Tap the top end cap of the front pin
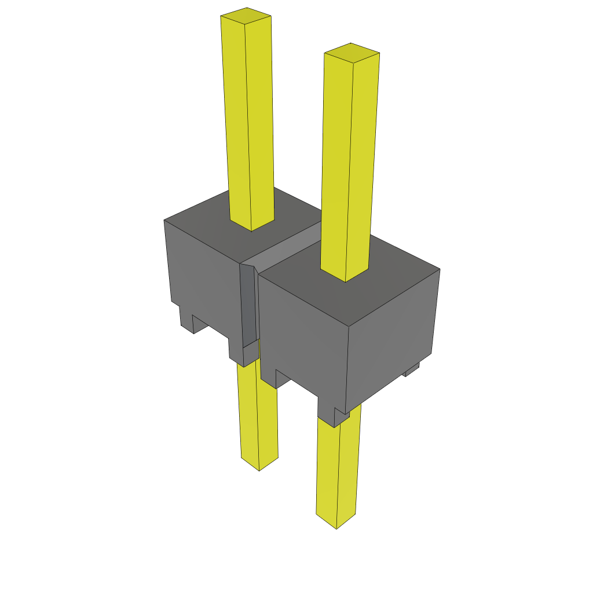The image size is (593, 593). click(x=352, y=53)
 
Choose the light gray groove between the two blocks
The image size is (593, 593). click(x=290, y=249)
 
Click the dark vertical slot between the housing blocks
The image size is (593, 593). click(x=247, y=307)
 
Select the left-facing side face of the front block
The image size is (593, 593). click(x=301, y=336)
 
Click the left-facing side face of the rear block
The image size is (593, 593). click(x=203, y=278)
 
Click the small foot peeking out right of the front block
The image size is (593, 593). click(x=412, y=369)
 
